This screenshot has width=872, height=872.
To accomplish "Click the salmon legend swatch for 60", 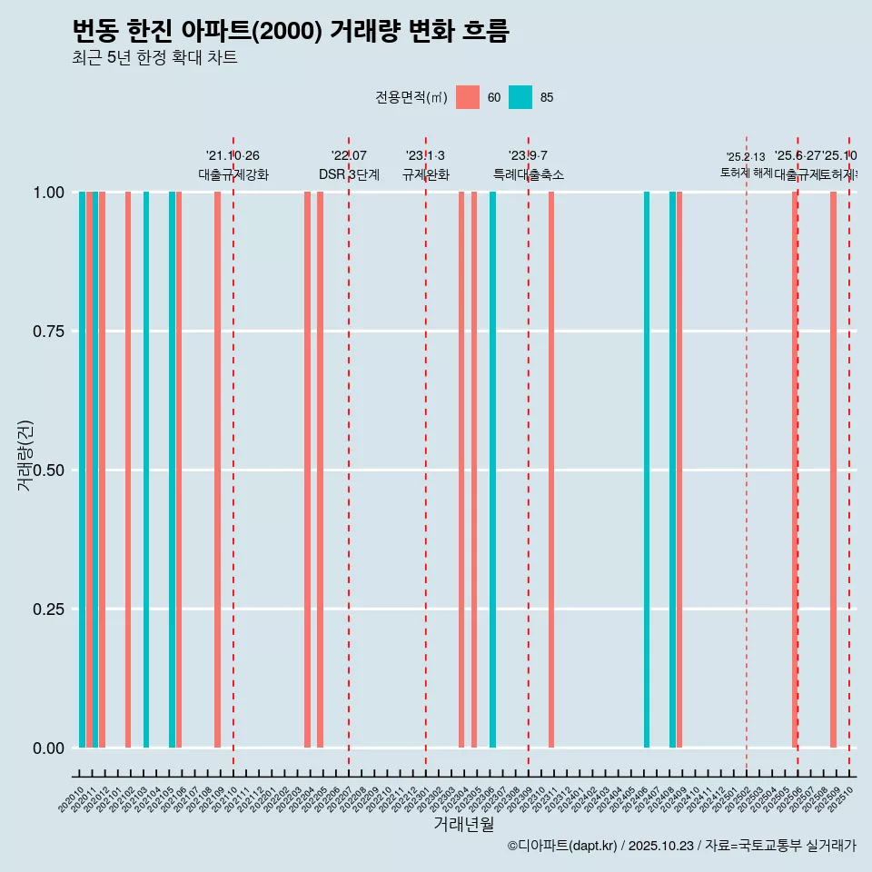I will [467, 97].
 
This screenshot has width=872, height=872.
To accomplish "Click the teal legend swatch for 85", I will [520, 97].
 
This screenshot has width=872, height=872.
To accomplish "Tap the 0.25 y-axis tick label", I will [47, 609].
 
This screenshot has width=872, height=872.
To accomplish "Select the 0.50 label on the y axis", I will [47, 471].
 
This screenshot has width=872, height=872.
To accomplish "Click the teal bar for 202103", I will [146, 470].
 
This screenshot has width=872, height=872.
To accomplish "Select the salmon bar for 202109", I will [218, 470].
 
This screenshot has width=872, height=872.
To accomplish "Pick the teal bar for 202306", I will [492, 470].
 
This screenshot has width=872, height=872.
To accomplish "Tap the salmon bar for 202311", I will [551, 470].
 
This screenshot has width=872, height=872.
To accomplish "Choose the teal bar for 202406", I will [647, 470].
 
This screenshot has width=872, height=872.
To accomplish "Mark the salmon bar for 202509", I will [833, 470].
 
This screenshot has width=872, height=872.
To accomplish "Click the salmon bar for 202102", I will [128, 470].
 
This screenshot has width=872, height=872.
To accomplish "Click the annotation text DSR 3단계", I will [349, 174].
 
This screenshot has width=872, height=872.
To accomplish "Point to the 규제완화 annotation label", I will [426, 174].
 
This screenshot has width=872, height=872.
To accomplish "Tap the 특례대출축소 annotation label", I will [529, 174].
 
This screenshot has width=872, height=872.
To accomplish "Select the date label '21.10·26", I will [233, 155].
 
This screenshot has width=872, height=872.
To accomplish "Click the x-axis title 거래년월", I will [463, 824].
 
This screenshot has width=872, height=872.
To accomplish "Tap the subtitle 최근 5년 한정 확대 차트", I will [154, 58].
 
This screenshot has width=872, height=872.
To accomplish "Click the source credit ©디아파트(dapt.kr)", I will [562, 846].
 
